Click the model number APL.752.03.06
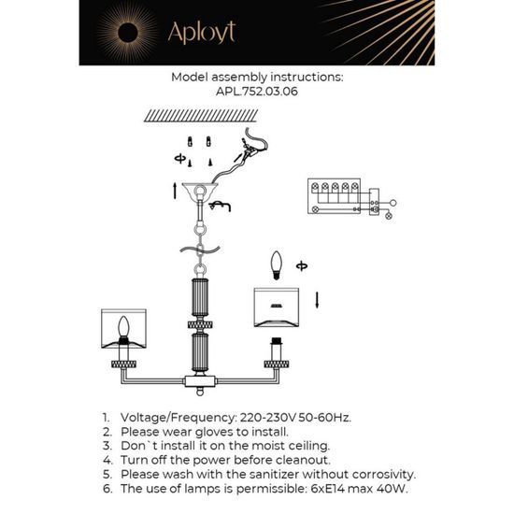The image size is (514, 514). click(258, 93)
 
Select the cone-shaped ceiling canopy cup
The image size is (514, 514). click(202, 191)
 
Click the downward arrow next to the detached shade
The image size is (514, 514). click(317, 300)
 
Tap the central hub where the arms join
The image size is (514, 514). click(201, 382)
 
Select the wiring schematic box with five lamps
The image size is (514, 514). click(341, 196)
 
